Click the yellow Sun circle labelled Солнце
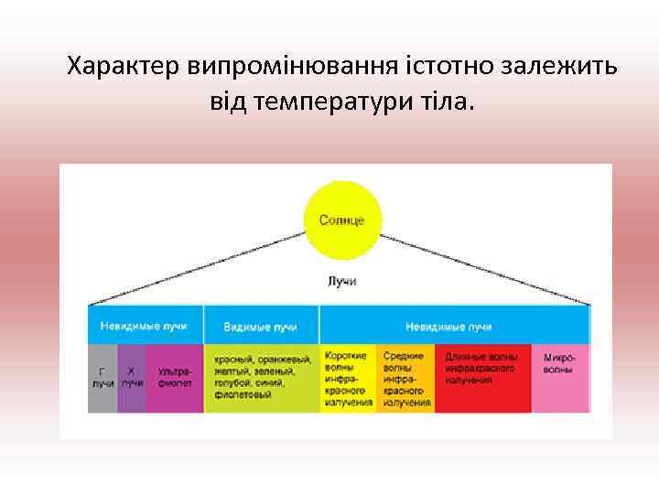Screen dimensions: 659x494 point(341,220)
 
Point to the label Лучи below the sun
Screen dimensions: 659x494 point(341,281)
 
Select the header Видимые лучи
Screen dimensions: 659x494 point(261,326)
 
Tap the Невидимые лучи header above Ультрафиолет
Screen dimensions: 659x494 point(146,326)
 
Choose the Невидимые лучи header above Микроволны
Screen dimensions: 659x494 point(454,326)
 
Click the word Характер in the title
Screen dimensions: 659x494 point(124,67)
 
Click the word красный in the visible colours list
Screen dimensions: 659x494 point(231,360)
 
